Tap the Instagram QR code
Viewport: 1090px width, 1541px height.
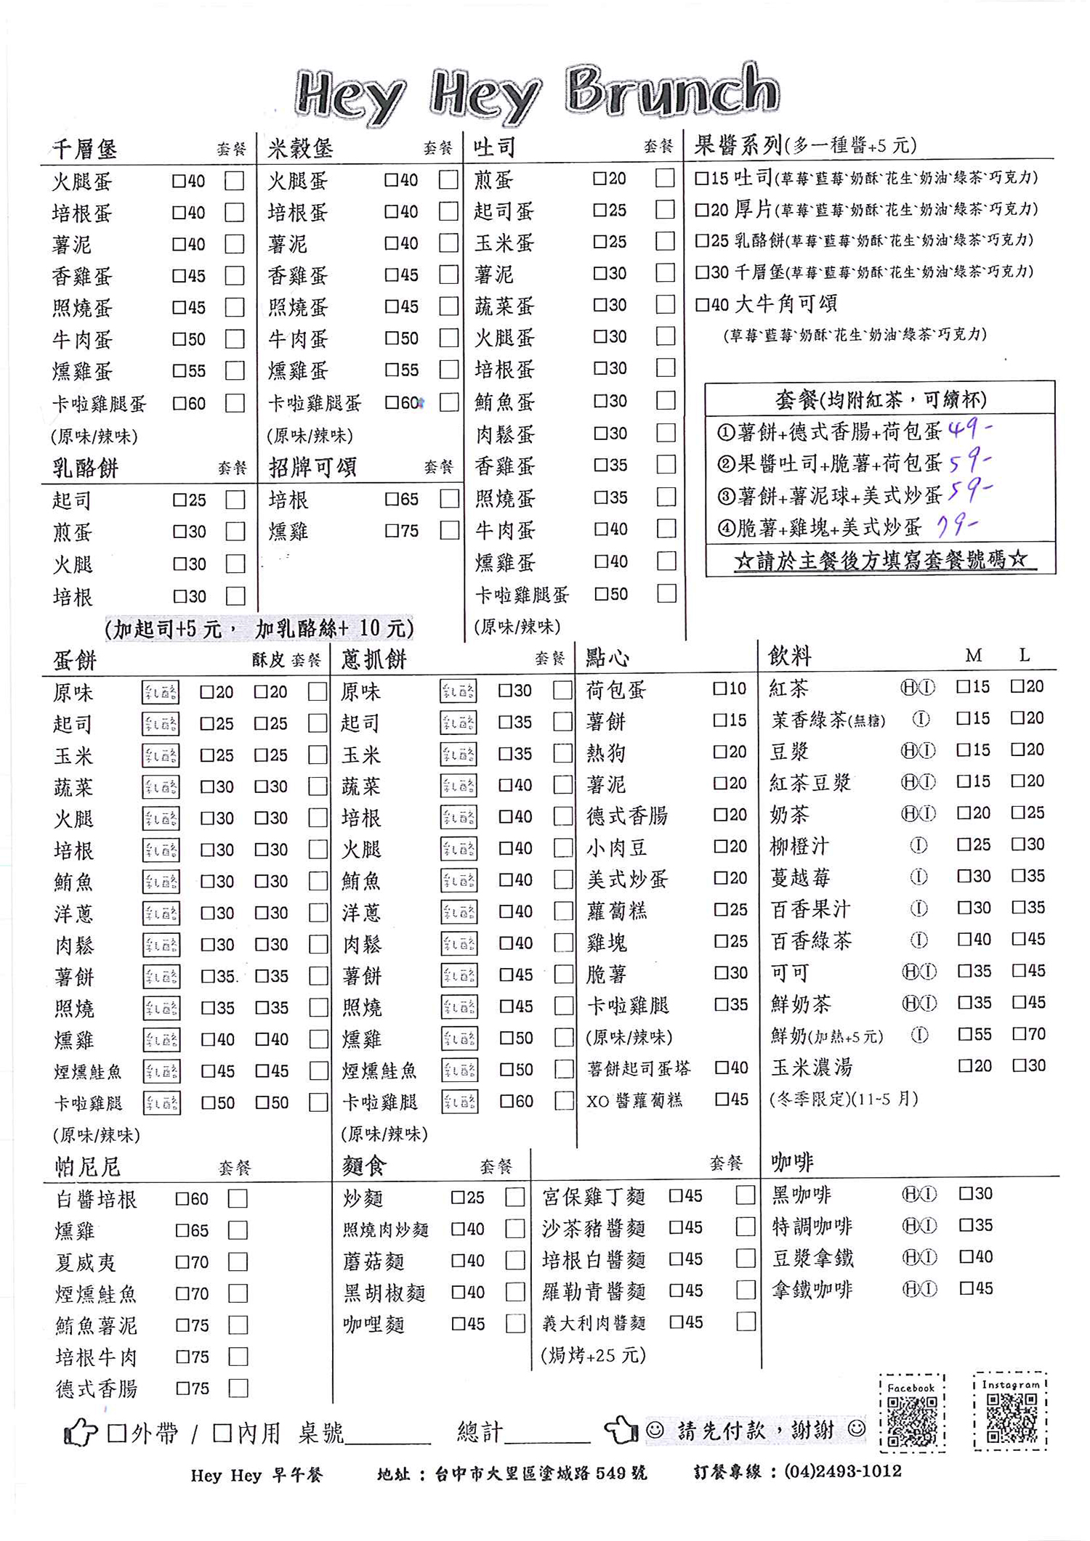1012,1417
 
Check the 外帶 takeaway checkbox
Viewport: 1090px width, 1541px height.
117,1433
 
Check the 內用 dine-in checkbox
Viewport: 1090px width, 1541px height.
222,1433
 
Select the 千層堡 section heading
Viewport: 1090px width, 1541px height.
84,149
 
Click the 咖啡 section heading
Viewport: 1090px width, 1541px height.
792,1163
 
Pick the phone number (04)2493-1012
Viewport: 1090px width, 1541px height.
843,1471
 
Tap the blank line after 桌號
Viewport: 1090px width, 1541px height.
387,1434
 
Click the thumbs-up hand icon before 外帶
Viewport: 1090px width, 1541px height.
80,1433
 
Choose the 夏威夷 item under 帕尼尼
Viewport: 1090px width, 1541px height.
86,1262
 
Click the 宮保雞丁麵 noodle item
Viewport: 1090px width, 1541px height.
594,1196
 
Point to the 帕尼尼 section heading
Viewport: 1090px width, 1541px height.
88,1167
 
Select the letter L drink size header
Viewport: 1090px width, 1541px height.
1024,655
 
